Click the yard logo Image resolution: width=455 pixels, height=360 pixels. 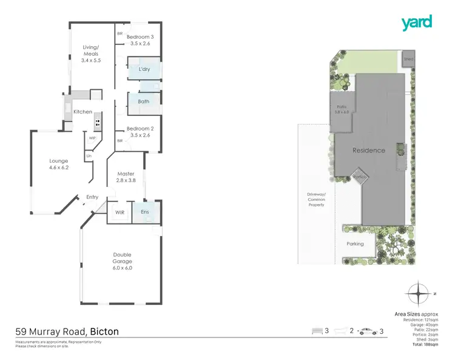(x=416, y=23)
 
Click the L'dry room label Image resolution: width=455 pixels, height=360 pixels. (x=144, y=69)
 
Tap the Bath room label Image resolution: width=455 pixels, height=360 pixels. (x=144, y=101)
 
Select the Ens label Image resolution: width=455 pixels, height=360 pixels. (x=145, y=212)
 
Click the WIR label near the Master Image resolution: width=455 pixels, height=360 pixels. (x=120, y=212)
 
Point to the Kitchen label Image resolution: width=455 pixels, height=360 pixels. (x=83, y=112)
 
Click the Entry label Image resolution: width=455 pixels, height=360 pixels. (x=92, y=197)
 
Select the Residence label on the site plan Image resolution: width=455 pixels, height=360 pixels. (x=369, y=150)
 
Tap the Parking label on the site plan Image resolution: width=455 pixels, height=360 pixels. (x=355, y=243)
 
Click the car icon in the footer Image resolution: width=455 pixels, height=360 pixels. (x=368, y=331)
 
